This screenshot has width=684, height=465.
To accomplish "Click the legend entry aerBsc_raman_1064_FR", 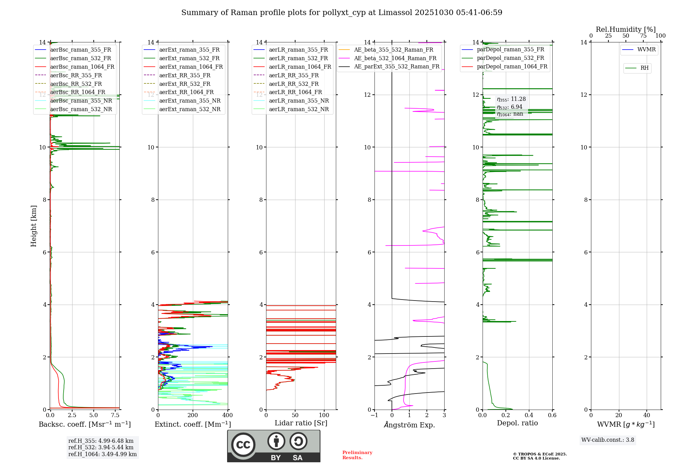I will click(x=82, y=67).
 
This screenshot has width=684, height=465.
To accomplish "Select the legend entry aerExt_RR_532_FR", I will click(x=185, y=84).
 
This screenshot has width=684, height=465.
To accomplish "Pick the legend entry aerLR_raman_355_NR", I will click(x=299, y=101).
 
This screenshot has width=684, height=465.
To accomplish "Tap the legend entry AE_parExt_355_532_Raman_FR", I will click(x=396, y=67).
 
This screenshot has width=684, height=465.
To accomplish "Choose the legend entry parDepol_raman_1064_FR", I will click(x=512, y=67).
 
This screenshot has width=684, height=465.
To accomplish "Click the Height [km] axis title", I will click(x=34, y=226).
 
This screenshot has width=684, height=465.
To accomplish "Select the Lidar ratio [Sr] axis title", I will click(x=301, y=423).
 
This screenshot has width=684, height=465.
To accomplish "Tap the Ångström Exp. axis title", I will click(x=409, y=425).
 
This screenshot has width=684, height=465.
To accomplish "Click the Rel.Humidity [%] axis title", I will click(x=626, y=29).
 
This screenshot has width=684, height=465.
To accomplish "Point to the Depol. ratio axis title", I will click(x=517, y=423).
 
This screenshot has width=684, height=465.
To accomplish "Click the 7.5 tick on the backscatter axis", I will click(x=115, y=415).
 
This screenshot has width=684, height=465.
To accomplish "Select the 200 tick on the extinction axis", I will click(x=193, y=415).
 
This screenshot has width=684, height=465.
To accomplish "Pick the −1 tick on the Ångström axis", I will click(x=374, y=415).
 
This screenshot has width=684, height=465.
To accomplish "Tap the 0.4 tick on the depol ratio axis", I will click(x=529, y=415).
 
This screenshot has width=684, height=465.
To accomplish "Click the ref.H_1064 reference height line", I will click(x=102, y=454).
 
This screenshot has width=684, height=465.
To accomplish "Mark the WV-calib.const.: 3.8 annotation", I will click(x=608, y=440).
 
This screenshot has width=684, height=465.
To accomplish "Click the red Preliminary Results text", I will click(x=357, y=455).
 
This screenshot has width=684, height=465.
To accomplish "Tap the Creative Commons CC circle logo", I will click(x=243, y=445).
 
